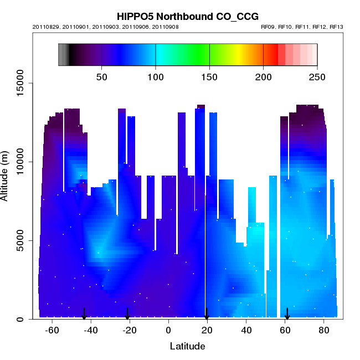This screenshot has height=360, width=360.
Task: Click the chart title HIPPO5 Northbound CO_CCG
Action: tap(188, 16)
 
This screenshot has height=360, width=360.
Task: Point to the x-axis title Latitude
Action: tap(187, 346)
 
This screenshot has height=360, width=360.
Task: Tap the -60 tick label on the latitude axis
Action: tap(52, 331)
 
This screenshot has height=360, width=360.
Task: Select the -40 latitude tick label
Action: tap(91, 331)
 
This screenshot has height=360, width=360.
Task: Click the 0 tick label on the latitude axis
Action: tap(168, 331)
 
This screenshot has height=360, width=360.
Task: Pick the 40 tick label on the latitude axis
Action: tap(246, 331)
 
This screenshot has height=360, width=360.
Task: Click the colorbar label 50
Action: tap(102, 76)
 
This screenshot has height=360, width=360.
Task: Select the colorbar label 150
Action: tap(209, 76)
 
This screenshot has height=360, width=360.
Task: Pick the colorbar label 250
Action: tap(317, 76)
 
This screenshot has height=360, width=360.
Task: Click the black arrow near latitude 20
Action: tap(207, 314)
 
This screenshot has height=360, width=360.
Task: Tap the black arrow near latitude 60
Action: tap(287, 314)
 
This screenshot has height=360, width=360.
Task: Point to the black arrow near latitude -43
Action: tap(84, 314)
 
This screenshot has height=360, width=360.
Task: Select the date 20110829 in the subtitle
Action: tap(46, 27)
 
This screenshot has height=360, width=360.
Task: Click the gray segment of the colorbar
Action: tap(63, 54)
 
